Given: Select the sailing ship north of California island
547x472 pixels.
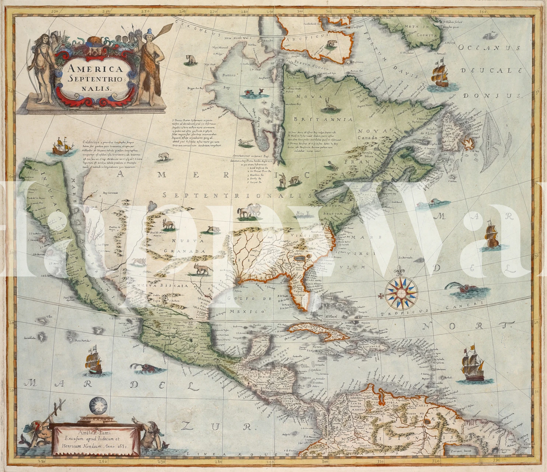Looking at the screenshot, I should (x=61, y=145).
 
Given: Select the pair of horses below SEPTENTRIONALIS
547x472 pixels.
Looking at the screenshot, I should (x=249, y=212).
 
